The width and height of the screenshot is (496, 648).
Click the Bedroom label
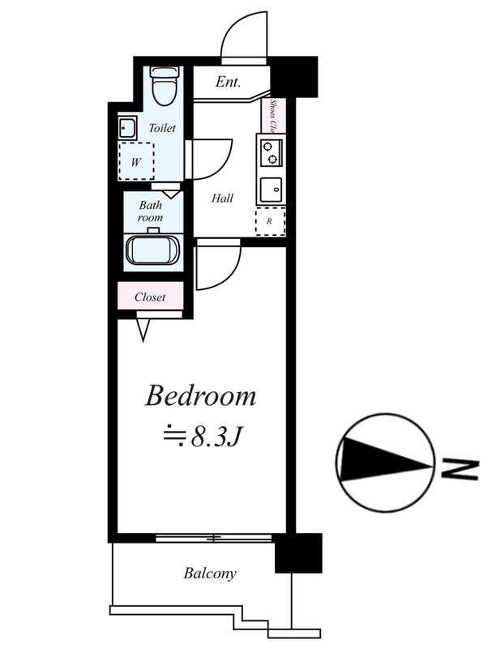[x=200, y=395]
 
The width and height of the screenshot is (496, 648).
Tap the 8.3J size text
[x=216, y=438]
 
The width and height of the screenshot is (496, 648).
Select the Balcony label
[x=210, y=573]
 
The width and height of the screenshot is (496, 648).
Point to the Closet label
[x=150, y=297]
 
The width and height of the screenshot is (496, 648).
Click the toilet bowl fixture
[x=166, y=85]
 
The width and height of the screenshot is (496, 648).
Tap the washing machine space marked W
[x=136, y=161]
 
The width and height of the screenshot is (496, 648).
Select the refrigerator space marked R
[x=271, y=221]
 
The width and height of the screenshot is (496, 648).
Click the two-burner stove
[x=271, y=153]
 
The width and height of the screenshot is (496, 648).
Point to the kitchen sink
[x=271, y=190]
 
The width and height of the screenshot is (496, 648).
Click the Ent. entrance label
[x=228, y=82]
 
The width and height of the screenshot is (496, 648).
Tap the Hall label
[x=222, y=198]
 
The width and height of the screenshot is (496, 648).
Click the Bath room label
[x=151, y=211]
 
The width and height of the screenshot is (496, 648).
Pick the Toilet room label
[x=162, y=128]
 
